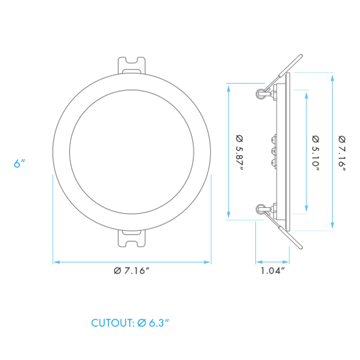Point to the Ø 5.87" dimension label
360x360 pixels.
point(240,151)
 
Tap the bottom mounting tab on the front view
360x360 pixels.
point(132,238)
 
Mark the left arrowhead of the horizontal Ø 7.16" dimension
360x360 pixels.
point(56,261)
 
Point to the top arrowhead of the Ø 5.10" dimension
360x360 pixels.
point(306,94)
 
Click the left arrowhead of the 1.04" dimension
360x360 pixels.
point(258,261)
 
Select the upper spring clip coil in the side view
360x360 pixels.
point(259,93)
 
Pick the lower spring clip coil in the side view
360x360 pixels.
point(260,208)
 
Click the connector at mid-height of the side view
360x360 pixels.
point(273,151)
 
